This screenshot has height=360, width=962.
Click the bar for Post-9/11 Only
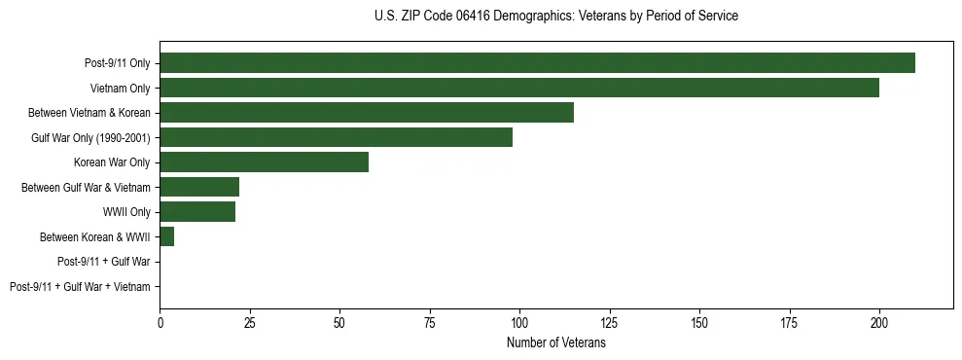pos(537,63)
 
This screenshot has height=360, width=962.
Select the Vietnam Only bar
pos(519,88)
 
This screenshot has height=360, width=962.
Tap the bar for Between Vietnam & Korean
pos(367,113)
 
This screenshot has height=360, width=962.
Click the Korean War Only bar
pos(264,162)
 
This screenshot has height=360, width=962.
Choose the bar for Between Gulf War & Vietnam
pos(199,187)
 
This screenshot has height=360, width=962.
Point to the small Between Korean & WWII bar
pos(166,236)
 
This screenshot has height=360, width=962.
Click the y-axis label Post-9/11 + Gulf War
pos(104,262)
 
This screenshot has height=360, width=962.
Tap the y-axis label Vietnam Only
pos(121,89)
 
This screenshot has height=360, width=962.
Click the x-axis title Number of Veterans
pos(555,342)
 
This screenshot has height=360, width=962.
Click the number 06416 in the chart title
pos(474,17)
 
